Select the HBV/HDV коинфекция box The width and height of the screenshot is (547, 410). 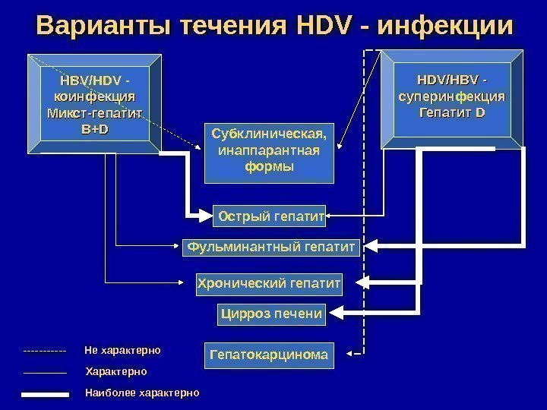click(95, 103)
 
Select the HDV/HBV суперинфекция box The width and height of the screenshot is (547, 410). click(451, 96)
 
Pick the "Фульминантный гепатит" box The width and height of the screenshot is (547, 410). click(271, 247)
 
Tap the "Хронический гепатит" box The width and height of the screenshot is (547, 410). click(269, 284)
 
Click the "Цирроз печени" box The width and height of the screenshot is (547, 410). click(271, 313)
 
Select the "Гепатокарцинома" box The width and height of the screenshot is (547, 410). click(270, 355)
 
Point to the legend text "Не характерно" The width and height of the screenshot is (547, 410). click(122, 351)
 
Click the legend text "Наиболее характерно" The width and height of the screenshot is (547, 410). click(142, 393)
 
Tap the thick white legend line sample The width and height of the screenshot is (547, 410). click(46, 394)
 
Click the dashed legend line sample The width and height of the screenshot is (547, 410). click(46, 352)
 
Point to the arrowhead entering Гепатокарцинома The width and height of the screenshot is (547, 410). click(349, 354)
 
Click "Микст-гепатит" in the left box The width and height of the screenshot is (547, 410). click(95, 113)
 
